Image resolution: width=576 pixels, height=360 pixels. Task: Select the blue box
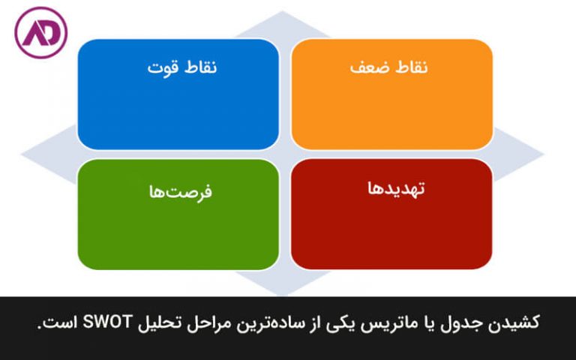pyautogui.click(x=178, y=94)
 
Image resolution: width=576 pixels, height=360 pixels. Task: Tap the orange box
pyautogui.click(x=391, y=94)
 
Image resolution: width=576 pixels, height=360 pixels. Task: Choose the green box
pyautogui.click(x=178, y=214)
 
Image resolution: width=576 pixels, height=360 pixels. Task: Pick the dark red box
pyautogui.click(x=391, y=214)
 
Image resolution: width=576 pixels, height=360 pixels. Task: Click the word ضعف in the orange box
pyautogui.click(x=367, y=67)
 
